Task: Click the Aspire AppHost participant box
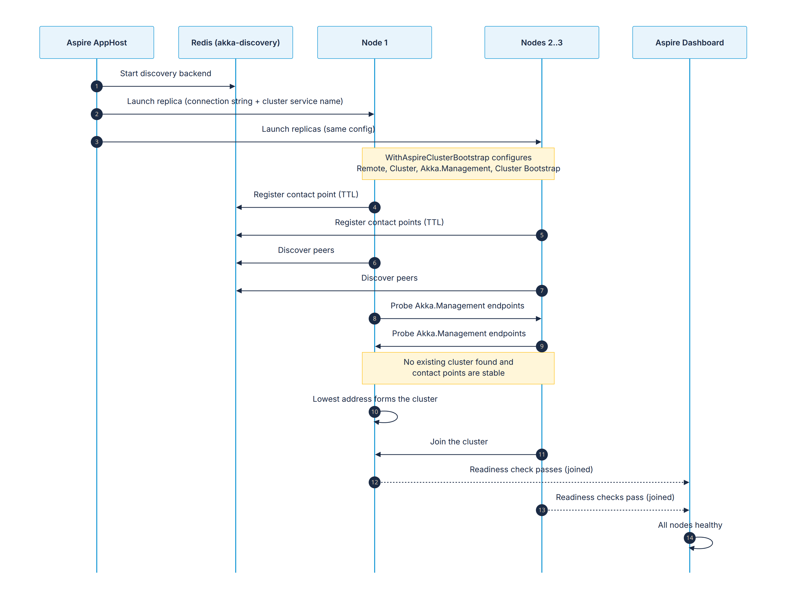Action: point(97,42)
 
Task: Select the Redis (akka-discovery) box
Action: point(235,42)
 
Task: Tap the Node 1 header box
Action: point(374,42)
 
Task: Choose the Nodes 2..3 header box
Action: point(542,42)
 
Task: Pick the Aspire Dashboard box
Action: point(689,42)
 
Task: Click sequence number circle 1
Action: point(97,86)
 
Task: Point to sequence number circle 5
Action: point(542,235)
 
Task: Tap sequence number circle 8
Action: point(374,318)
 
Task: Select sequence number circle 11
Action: point(542,454)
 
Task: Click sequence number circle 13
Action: point(542,510)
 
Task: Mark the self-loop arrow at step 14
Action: point(712,543)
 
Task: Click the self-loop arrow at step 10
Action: point(397,417)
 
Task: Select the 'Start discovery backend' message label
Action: point(165,73)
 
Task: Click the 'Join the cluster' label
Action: point(459,442)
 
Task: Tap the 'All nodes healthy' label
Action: point(690,525)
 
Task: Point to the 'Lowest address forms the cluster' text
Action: point(375,399)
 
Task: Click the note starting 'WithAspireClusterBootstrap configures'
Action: point(458,164)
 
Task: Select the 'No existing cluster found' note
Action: point(458,368)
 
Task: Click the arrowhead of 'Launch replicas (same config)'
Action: point(539,142)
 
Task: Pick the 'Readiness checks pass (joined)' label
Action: point(615,497)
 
